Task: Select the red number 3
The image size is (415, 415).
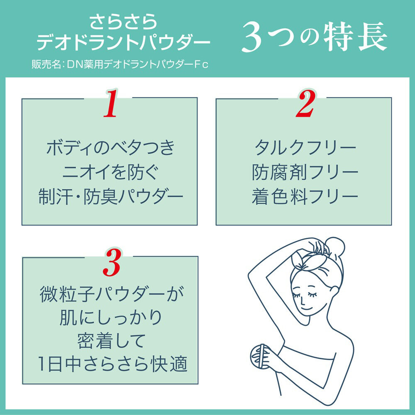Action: coord(111,262)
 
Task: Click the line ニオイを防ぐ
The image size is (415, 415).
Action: coord(110,172)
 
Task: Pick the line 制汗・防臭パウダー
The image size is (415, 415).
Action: coord(110,196)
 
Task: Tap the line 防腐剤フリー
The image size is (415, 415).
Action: coord(305,172)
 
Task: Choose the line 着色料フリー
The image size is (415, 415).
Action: coord(305,196)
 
